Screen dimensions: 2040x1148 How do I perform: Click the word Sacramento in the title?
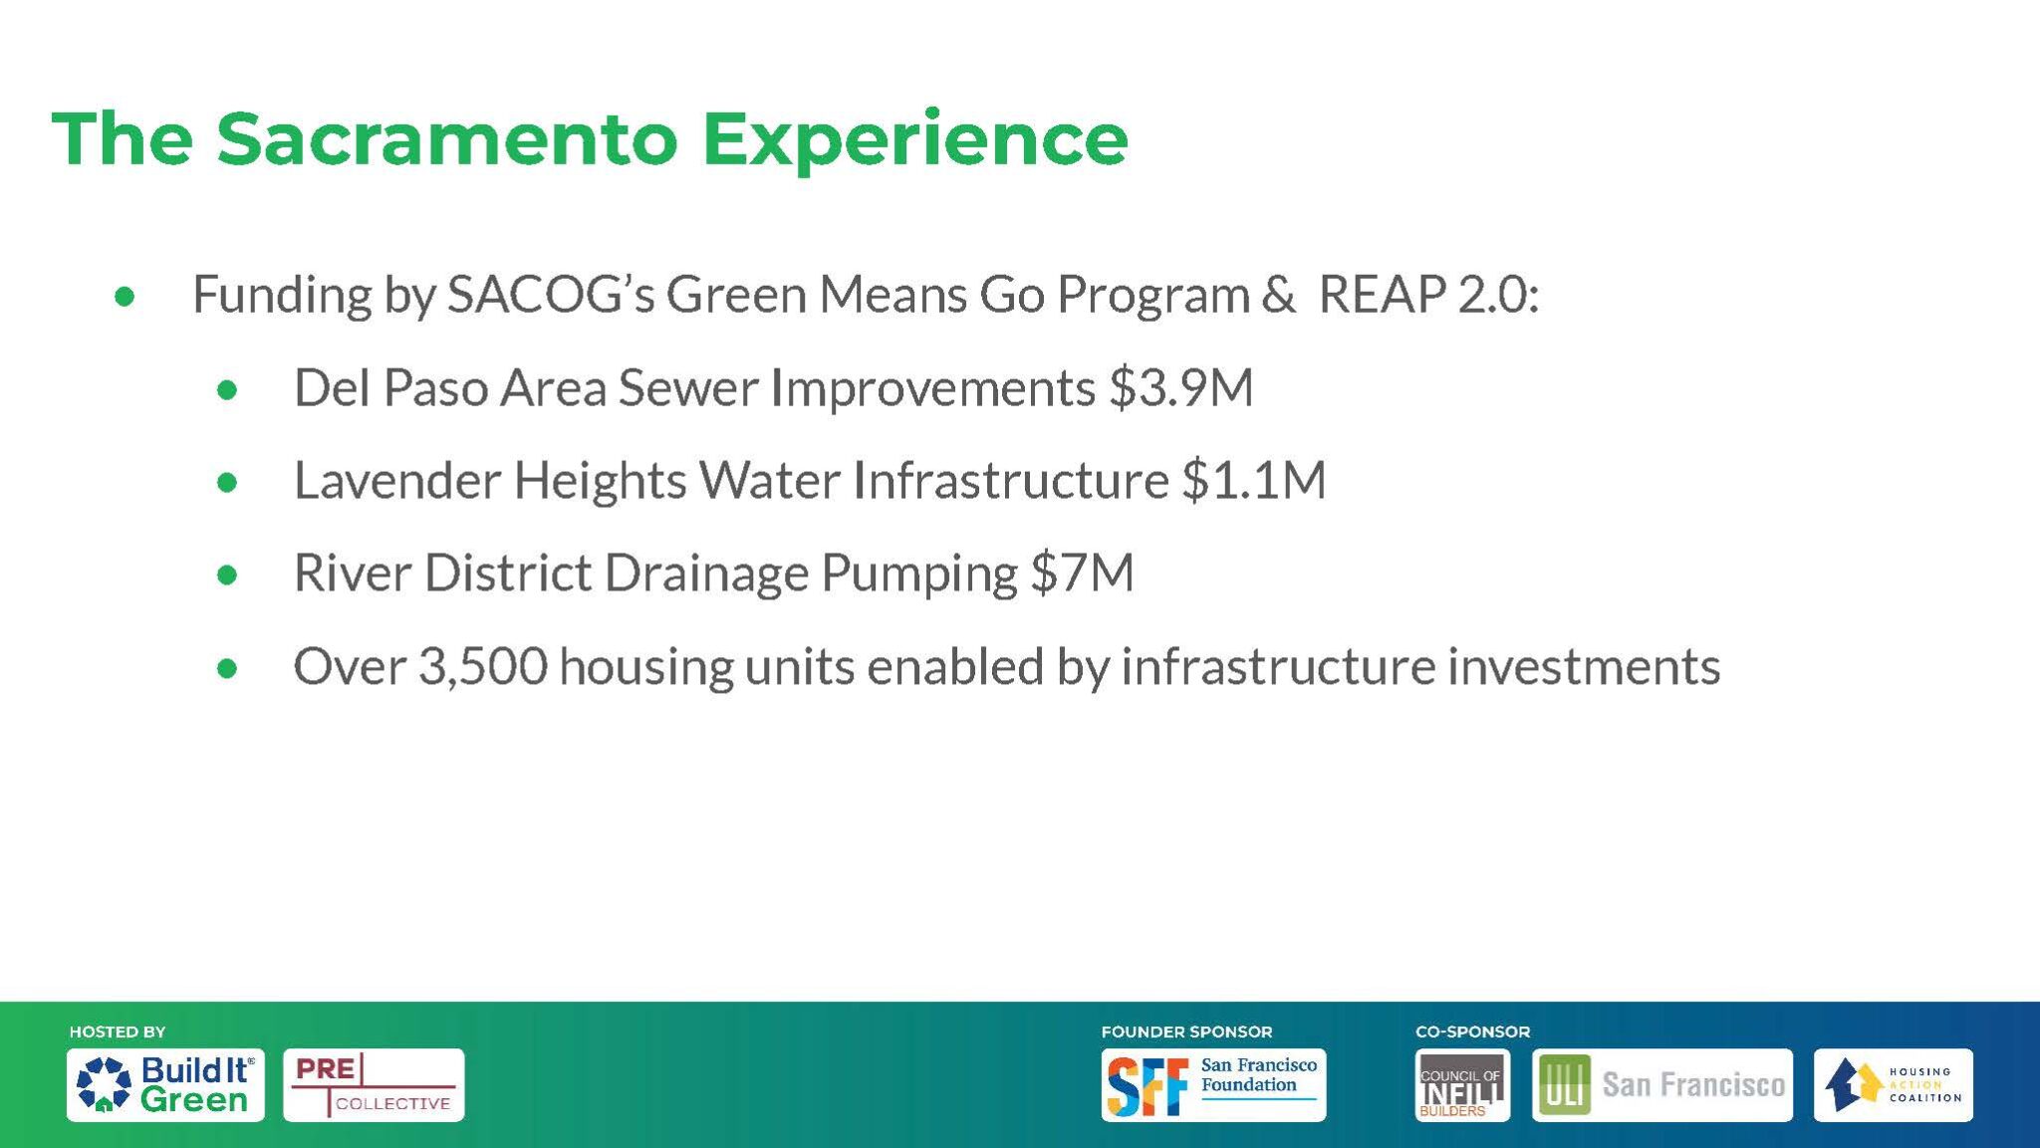pos(447,139)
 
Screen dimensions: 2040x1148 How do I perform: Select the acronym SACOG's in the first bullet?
pos(551,295)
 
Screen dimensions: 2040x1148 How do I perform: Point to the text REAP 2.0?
pos(1428,294)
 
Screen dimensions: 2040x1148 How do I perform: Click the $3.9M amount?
pos(1181,387)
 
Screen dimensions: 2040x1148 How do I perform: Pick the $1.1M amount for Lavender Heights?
pos(1254,480)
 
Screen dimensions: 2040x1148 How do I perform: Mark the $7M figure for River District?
pos(1083,573)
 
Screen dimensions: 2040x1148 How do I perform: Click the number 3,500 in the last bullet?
pos(483,666)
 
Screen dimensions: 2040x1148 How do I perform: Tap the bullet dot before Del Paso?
pos(227,389)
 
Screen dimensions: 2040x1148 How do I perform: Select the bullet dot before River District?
pos(227,574)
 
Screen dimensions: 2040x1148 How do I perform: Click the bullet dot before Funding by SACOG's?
pos(125,296)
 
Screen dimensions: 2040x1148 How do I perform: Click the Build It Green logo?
pos(165,1084)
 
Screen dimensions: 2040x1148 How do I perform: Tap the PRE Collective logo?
pos(374,1084)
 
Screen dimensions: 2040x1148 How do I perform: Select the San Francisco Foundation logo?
pos(1213,1084)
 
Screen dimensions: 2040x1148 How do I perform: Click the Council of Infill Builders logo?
pos(1462,1084)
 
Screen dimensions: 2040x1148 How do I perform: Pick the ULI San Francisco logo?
pos(1661,1084)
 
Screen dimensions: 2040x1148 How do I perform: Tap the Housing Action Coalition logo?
pos(1893,1084)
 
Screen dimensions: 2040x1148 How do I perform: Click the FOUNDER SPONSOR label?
pos(1186,1032)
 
